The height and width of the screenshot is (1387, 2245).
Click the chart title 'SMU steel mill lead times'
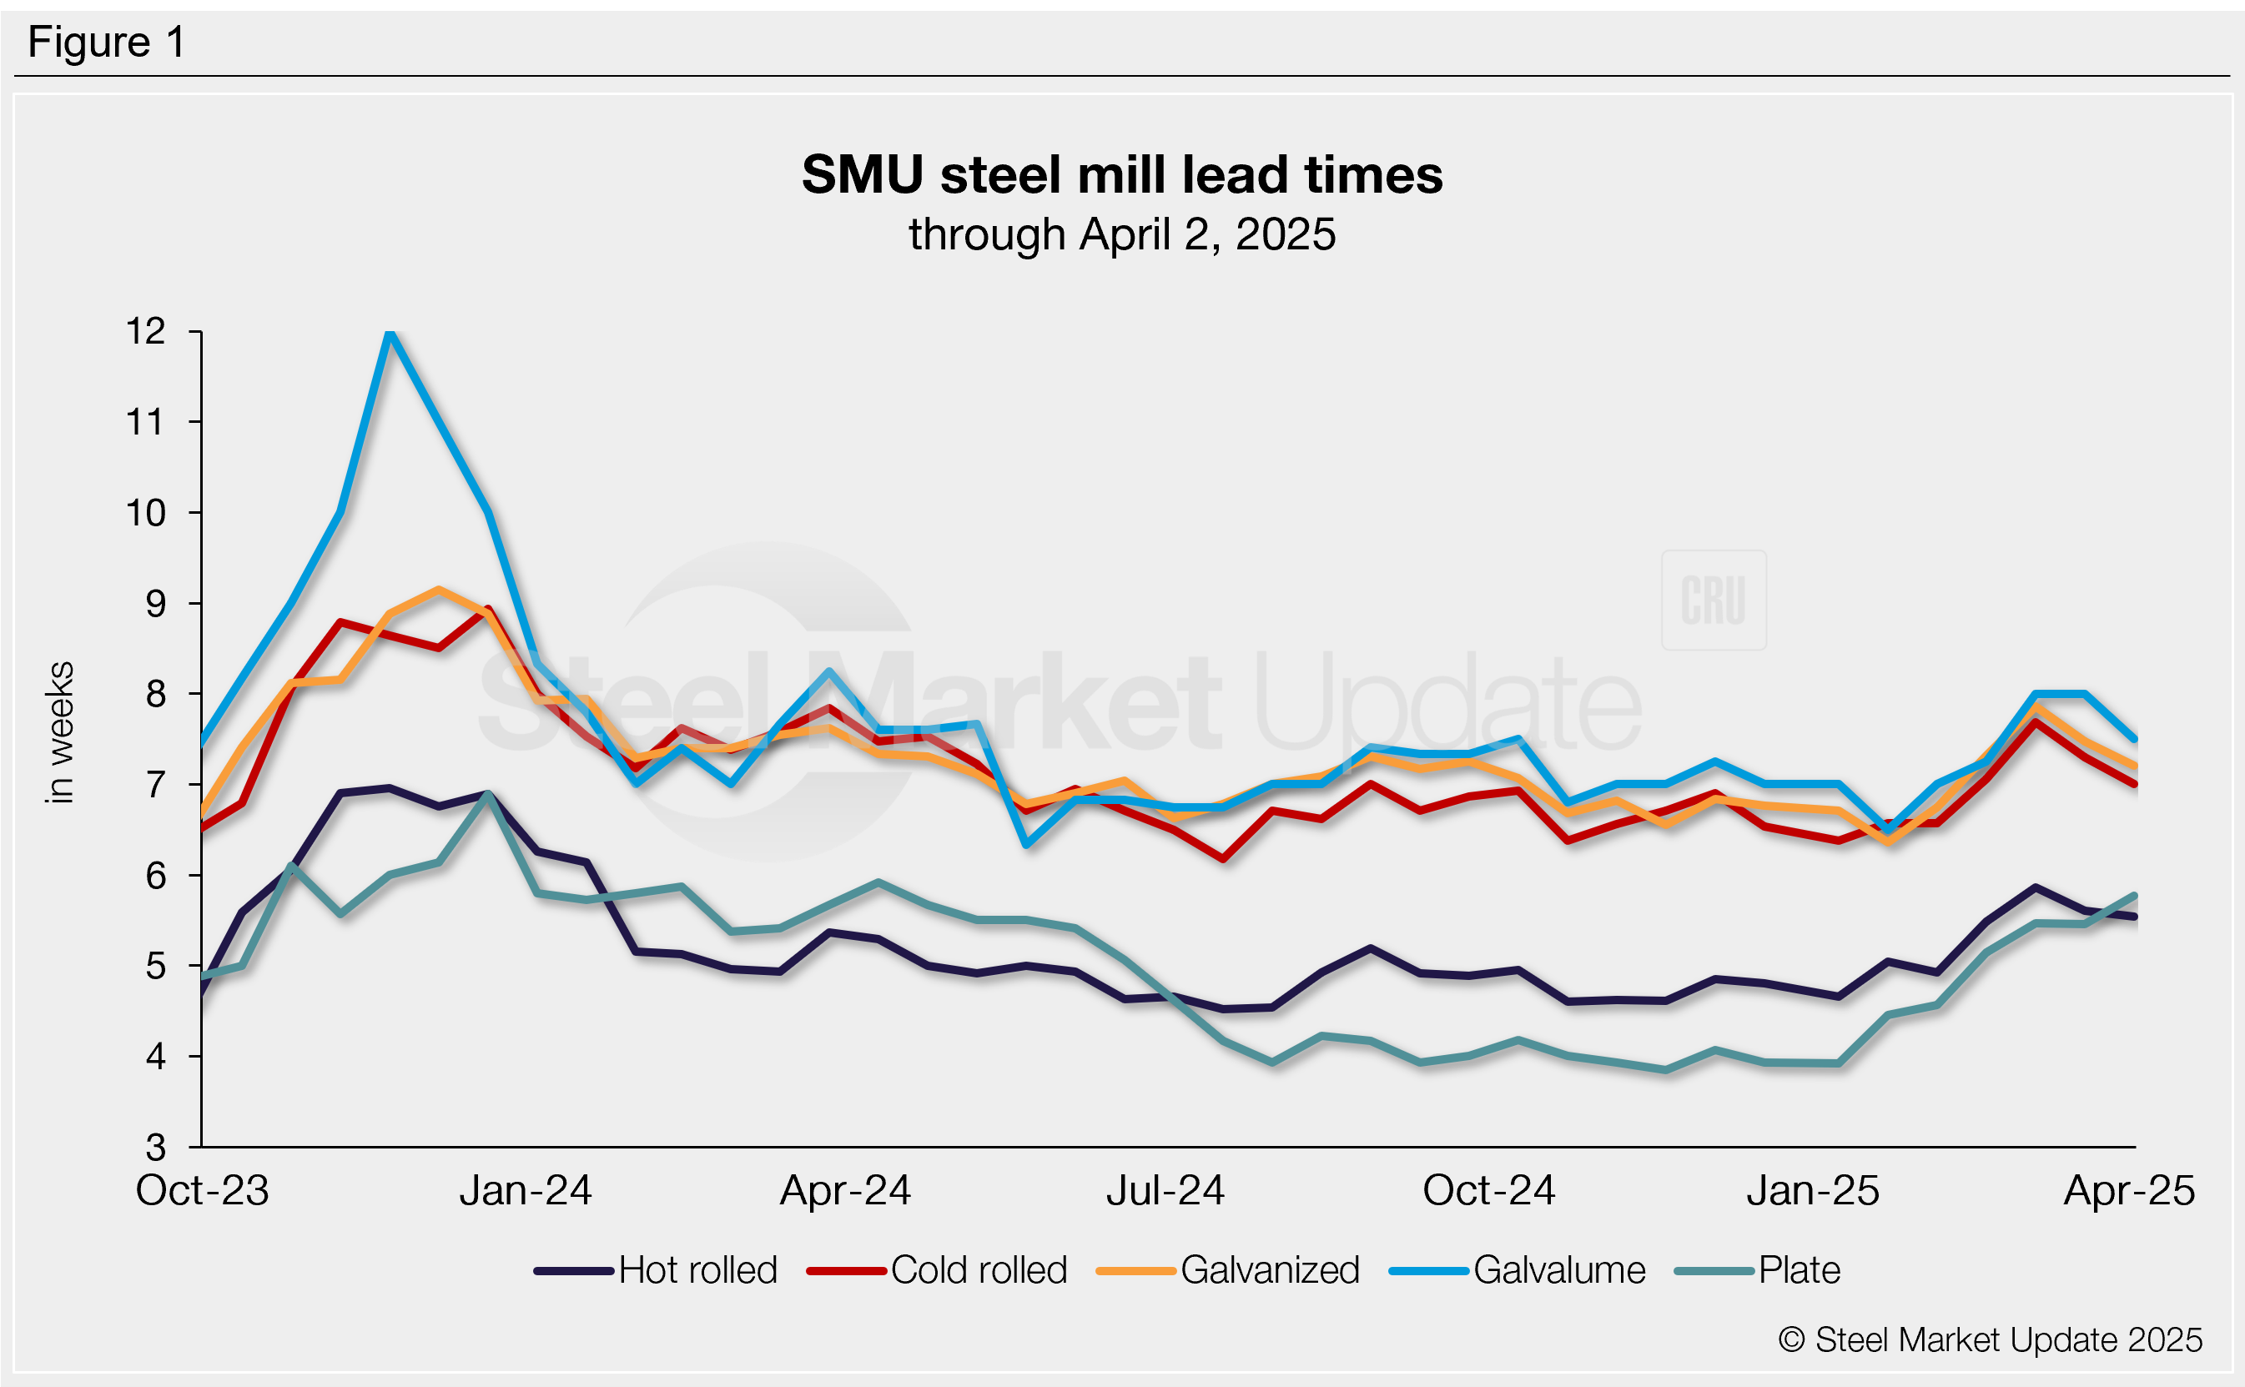coord(1121,174)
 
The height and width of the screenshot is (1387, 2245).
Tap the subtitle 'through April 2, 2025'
coord(1121,235)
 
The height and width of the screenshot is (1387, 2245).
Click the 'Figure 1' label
coord(107,43)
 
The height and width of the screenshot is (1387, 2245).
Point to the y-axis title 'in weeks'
coord(59,732)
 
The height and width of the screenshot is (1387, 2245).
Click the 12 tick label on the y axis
coord(146,331)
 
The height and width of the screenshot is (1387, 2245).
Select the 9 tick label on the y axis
coord(155,604)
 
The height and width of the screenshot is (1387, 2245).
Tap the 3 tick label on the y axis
coord(155,1147)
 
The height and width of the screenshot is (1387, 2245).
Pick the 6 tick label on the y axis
coord(155,876)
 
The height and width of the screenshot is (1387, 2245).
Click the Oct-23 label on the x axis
coord(202,1191)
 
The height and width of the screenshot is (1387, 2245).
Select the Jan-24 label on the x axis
coord(525,1191)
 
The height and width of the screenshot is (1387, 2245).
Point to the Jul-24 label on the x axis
coord(1165,1191)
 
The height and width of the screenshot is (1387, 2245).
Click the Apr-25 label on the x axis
coord(2128,1191)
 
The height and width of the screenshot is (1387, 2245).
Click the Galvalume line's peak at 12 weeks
coord(390,333)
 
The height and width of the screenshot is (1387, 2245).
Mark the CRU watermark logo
coord(1713,601)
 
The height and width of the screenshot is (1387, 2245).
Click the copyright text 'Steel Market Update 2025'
coord(1991,1340)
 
